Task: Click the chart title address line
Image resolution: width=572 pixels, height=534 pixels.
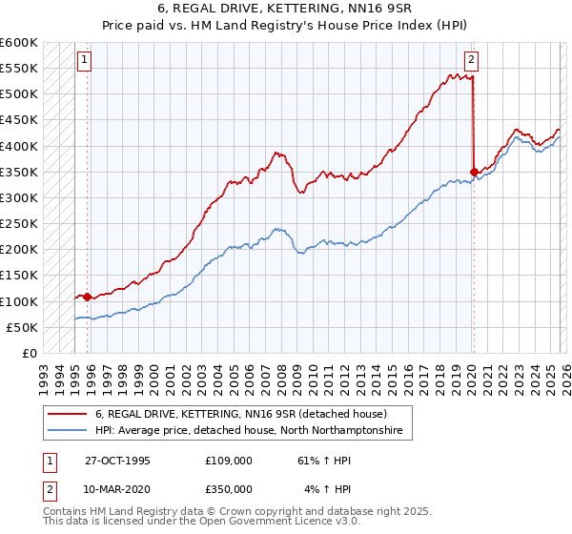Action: [x=285, y=10]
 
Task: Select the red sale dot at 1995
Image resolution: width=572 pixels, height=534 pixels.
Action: [x=88, y=297]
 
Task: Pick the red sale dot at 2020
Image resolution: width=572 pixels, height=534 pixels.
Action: [x=474, y=172]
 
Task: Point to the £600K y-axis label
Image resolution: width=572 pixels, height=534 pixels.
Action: [x=19, y=43]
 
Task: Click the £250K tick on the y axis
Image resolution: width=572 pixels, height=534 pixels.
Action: [x=19, y=223]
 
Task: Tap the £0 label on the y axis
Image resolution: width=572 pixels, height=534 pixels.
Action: [x=31, y=353]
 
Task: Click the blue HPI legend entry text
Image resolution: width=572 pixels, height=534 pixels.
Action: [x=249, y=432]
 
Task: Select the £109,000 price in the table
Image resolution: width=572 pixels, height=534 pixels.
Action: [x=229, y=460]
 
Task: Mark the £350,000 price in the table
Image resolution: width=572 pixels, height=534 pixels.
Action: [x=229, y=488]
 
